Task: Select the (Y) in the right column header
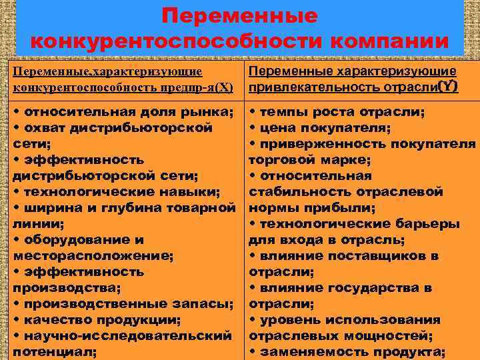coord(448,87)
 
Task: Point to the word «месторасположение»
coord(91,255)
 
